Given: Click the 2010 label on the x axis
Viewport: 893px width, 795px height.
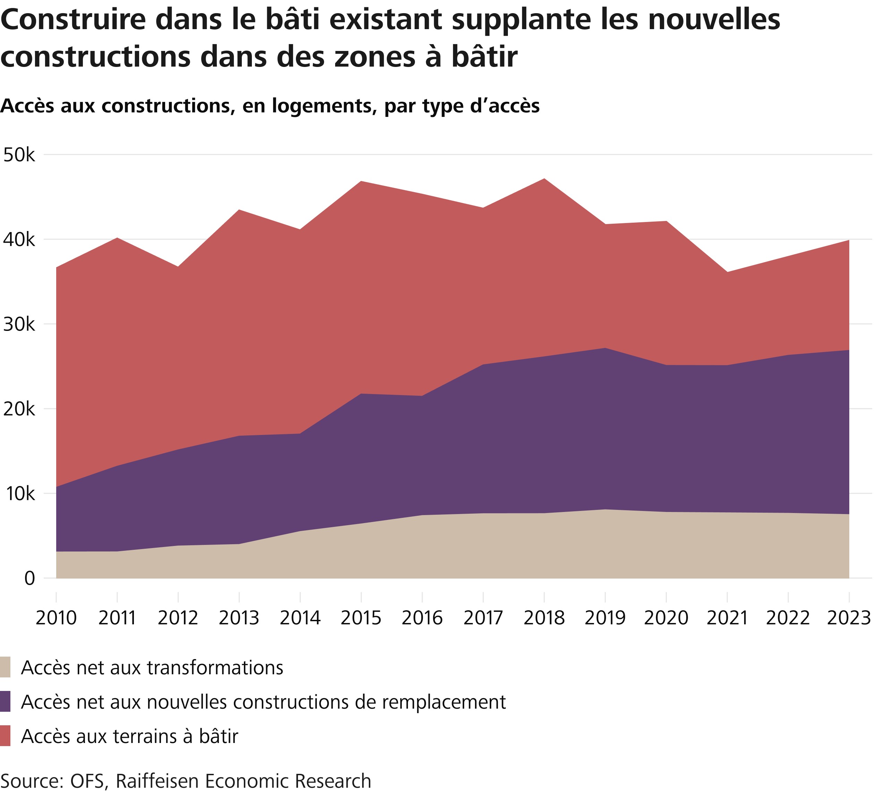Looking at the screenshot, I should pos(56,618).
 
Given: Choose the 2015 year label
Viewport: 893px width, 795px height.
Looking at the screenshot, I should pos(361,618).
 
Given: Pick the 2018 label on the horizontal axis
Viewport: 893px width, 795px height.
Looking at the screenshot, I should pos(544,618).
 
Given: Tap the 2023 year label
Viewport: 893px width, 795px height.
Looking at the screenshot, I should pos(849,618).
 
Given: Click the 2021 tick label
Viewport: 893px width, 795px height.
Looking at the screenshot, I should pos(727,618).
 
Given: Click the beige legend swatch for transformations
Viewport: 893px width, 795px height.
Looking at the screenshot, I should pos(5,667).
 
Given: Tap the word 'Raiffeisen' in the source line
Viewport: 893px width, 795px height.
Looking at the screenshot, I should pos(157,781).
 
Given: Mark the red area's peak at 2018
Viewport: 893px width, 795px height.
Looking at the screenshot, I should pos(544,179).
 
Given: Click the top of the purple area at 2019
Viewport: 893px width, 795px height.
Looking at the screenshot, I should pos(605,348).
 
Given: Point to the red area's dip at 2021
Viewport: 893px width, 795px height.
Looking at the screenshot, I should pos(727,272).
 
